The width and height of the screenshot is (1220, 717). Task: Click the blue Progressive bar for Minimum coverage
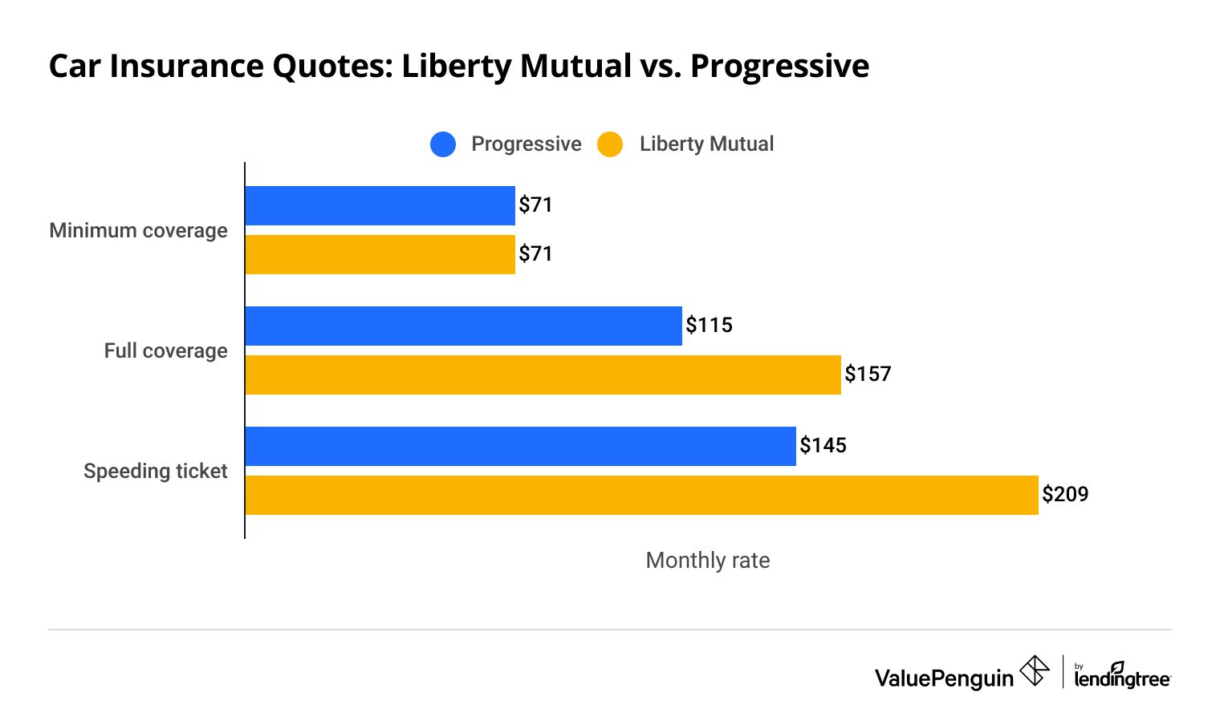(380, 205)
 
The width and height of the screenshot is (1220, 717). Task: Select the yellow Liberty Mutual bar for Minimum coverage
(380, 254)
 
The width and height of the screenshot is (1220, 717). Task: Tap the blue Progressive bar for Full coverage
(463, 326)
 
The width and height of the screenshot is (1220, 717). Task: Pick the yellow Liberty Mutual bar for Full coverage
(543, 375)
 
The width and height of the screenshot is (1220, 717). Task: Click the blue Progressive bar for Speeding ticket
(520, 446)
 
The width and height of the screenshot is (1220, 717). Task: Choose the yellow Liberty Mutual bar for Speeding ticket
(641, 495)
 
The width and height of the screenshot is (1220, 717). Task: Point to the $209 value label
(1065, 494)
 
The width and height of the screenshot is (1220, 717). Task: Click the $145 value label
(823, 446)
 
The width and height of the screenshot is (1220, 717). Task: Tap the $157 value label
(868, 375)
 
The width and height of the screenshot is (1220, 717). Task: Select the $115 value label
(709, 326)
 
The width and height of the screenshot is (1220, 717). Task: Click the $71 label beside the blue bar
(535, 205)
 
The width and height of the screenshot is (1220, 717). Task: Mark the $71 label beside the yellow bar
(535, 254)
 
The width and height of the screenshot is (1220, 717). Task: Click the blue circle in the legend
(443, 144)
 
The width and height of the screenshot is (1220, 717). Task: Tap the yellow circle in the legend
(610, 144)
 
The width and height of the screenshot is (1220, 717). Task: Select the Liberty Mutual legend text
(706, 144)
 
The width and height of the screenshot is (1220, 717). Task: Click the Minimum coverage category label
(138, 231)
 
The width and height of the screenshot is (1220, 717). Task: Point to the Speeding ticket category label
(155, 472)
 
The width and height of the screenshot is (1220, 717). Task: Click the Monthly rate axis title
(707, 561)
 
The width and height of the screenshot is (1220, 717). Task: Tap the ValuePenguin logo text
(944, 679)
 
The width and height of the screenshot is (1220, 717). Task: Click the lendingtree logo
(1122, 676)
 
